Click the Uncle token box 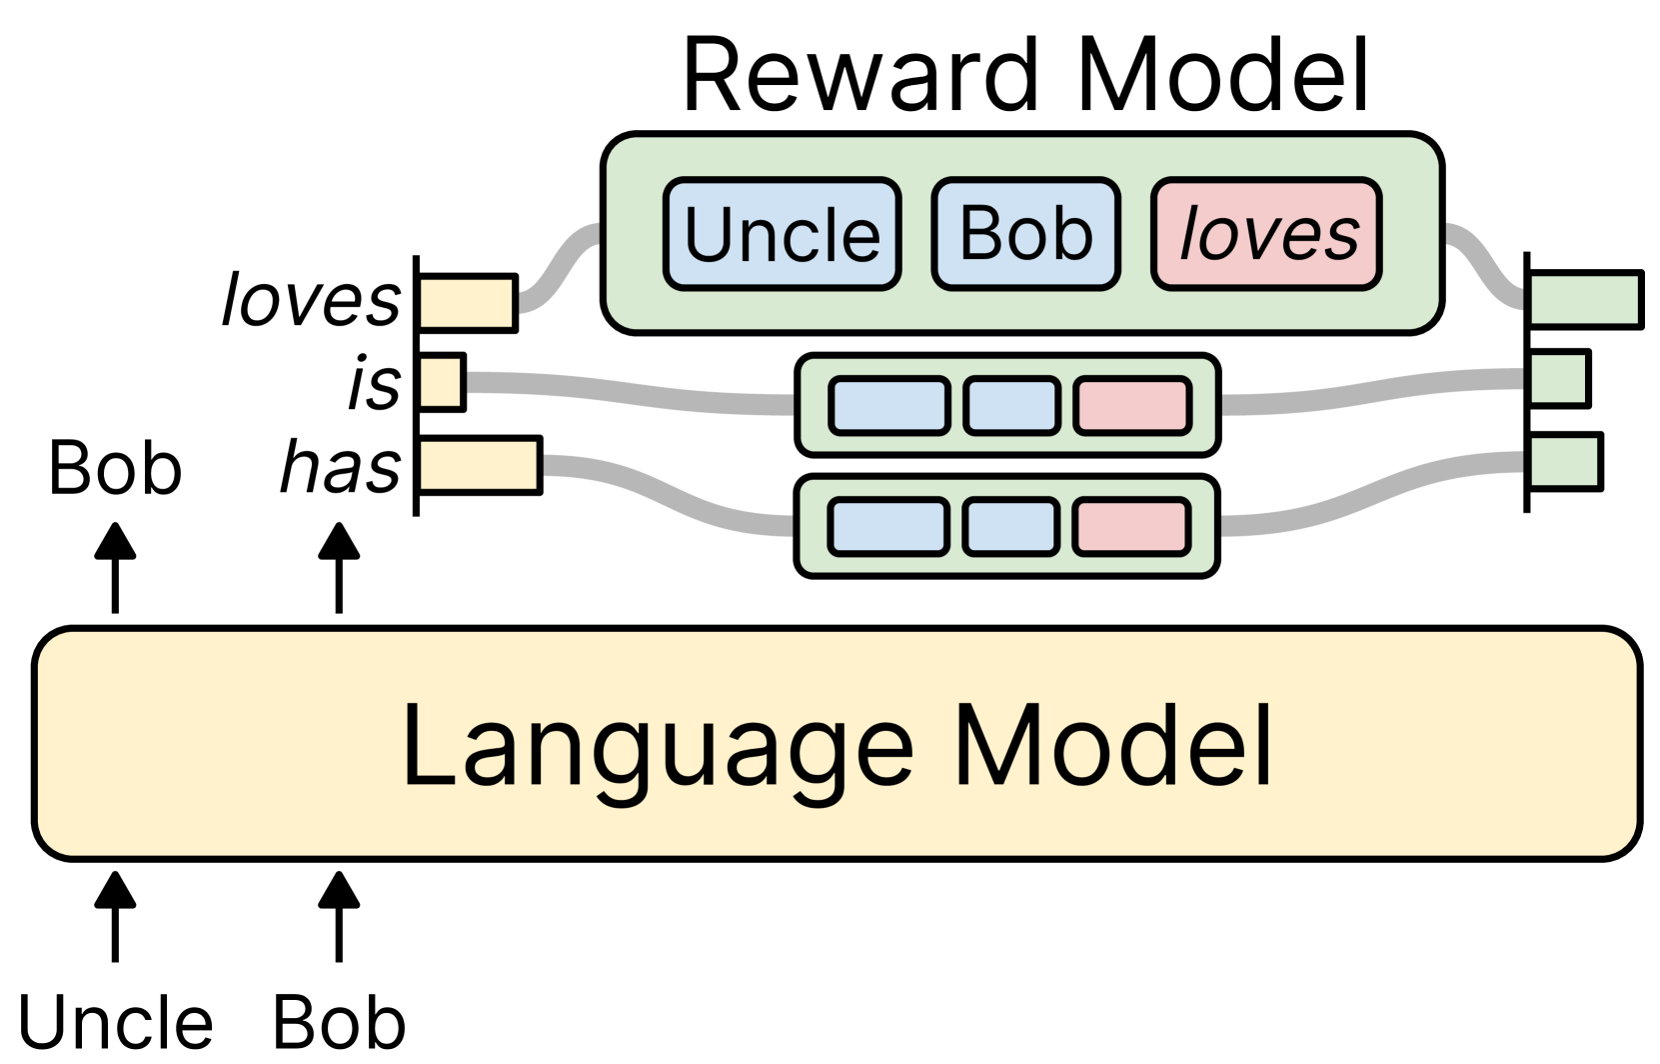[x=782, y=234]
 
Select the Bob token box [x=1025, y=234]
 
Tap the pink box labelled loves [x=1267, y=234]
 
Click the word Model [x=1112, y=745]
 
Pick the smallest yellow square [x=440, y=381]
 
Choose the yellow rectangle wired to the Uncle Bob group [x=466, y=303]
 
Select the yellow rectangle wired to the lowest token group [x=478, y=465]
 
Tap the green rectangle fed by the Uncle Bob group [x=1584, y=300]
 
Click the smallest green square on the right [x=1558, y=378]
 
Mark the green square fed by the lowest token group [x=1564, y=461]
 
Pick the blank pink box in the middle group [x=1132, y=405]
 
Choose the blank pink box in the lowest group [x=1132, y=526]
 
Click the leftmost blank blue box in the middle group [x=888, y=405]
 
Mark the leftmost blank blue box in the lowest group [x=888, y=526]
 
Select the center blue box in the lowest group [x=1010, y=526]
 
